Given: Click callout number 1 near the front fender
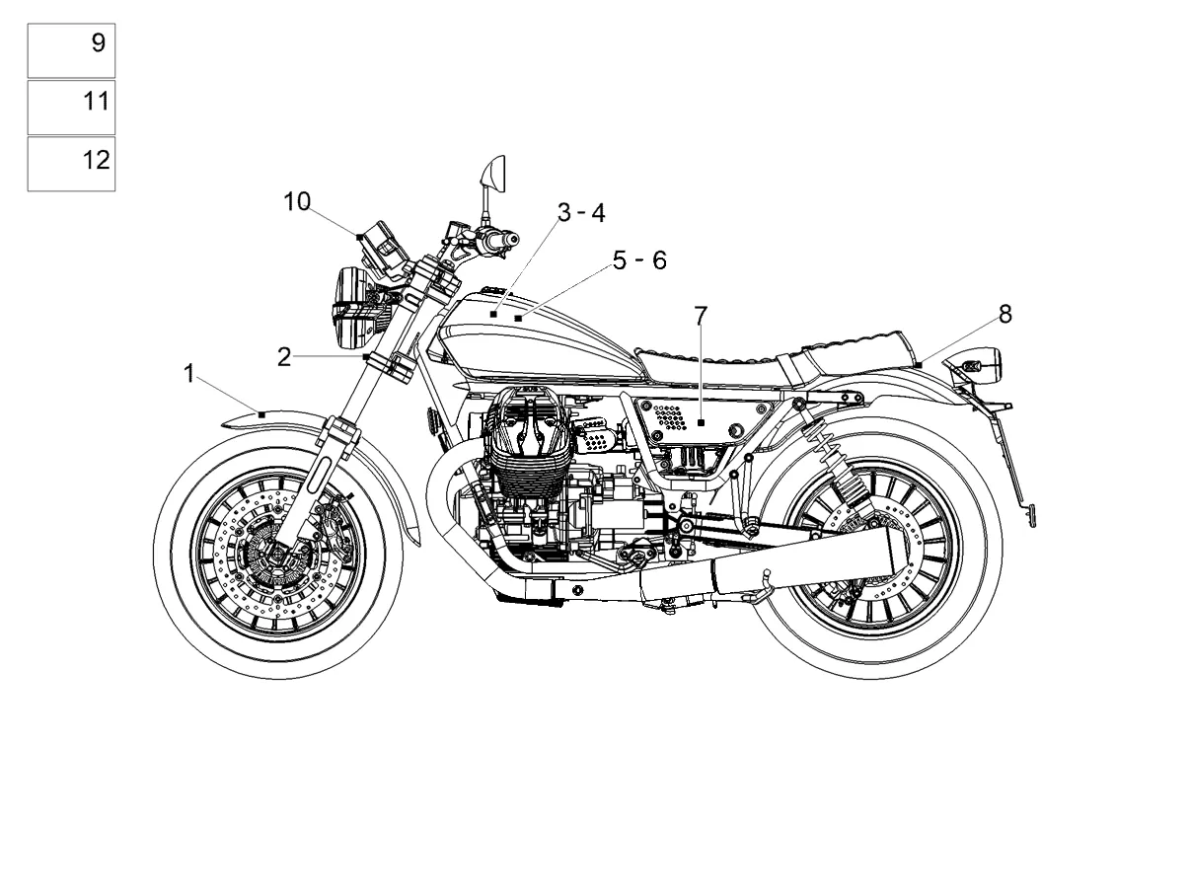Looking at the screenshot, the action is click(x=189, y=374).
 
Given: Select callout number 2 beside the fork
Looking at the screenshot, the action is click(x=284, y=357).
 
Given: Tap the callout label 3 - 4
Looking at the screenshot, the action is click(x=581, y=213).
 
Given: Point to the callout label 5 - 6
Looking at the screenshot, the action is click(x=639, y=260).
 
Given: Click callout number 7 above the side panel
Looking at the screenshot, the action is click(x=701, y=316).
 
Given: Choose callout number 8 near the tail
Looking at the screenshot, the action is click(x=1004, y=314).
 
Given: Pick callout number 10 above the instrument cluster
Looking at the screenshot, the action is click(x=297, y=201).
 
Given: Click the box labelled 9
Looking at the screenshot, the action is click(x=71, y=50).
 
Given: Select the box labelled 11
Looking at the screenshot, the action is click(x=71, y=108).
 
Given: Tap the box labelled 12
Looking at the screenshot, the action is click(x=71, y=164).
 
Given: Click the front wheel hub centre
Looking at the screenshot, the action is click(x=277, y=555).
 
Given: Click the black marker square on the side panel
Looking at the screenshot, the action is click(x=701, y=422).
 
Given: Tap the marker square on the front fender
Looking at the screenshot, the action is click(x=261, y=414).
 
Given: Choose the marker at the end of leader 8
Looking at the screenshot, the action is click(x=920, y=365).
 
